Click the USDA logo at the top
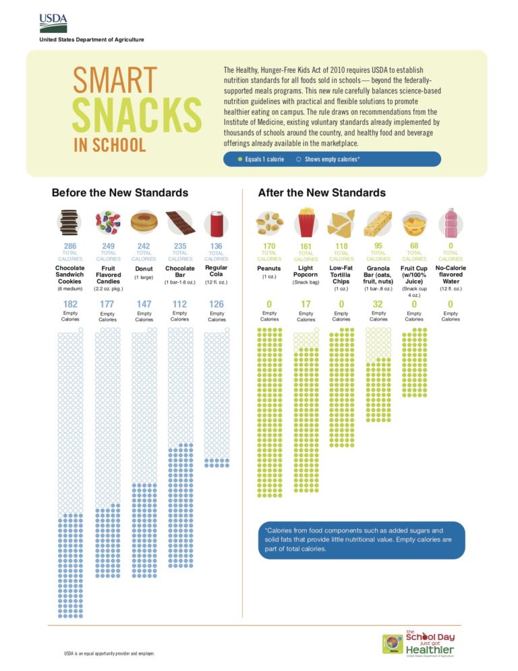click(x=53, y=23)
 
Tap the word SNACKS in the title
click(x=136, y=114)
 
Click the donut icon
click(x=144, y=221)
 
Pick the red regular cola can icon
click(x=217, y=221)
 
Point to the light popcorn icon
click(x=306, y=221)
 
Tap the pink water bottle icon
click(x=451, y=221)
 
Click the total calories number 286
click(x=70, y=246)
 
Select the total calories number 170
click(x=269, y=247)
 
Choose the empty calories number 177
click(x=108, y=304)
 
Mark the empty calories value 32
click(x=378, y=304)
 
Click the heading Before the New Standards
click(x=120, y=193)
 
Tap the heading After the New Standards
click(x=322, y=193)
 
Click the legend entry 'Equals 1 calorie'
click(x=261, y=159)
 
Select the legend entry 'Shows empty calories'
click(x=327, y=159)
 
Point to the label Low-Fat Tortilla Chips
click(x=341, y=275)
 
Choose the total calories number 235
click(x=180, y=246)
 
